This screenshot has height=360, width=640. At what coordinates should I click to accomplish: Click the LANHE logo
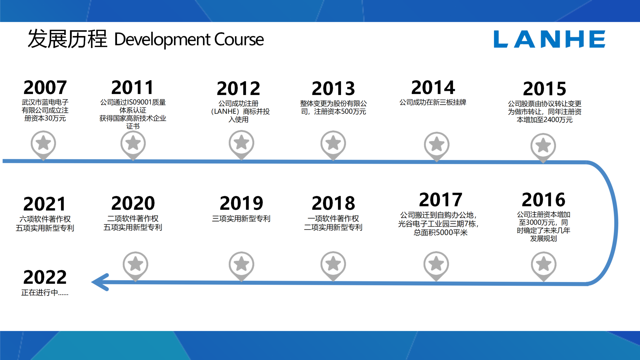coord(549,39)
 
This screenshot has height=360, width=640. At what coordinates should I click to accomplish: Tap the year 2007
coord(45,87)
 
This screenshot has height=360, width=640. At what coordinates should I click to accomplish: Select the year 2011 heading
coord(133,87)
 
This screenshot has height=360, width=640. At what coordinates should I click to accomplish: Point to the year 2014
coord(433,87)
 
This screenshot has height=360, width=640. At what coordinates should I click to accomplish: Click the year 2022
coord(45,277)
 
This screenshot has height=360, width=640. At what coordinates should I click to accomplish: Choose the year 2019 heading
coord(241,203)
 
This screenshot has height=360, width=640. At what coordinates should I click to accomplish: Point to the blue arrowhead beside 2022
coord(100,282)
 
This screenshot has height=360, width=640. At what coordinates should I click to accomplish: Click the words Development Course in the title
coord(189,39)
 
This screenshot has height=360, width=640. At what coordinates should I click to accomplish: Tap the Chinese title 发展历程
coord(67,39)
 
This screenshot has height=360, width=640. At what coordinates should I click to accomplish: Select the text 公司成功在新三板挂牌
coord(433,102)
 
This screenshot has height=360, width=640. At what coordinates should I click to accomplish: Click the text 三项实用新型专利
coord(241,219)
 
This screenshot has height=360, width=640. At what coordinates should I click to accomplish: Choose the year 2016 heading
coord(543,200)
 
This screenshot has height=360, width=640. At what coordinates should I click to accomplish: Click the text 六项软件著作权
coord(45,219)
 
